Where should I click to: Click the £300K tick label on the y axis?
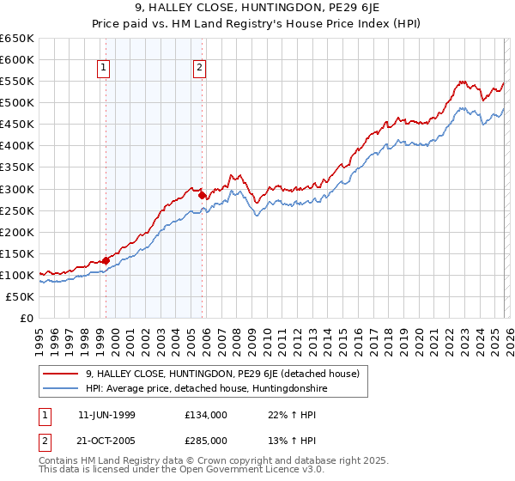[x=17, y=189]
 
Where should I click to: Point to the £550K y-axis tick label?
[x=17, y=82]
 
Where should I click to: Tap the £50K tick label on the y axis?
[x=21, y=296]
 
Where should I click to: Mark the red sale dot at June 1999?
[x=106, y=260]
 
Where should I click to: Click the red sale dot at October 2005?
[x=203, y=195]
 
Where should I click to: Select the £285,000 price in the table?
[x=205, y=440]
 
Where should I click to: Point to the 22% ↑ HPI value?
[x=279, y=414]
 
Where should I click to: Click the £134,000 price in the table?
[x=205, y=414]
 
